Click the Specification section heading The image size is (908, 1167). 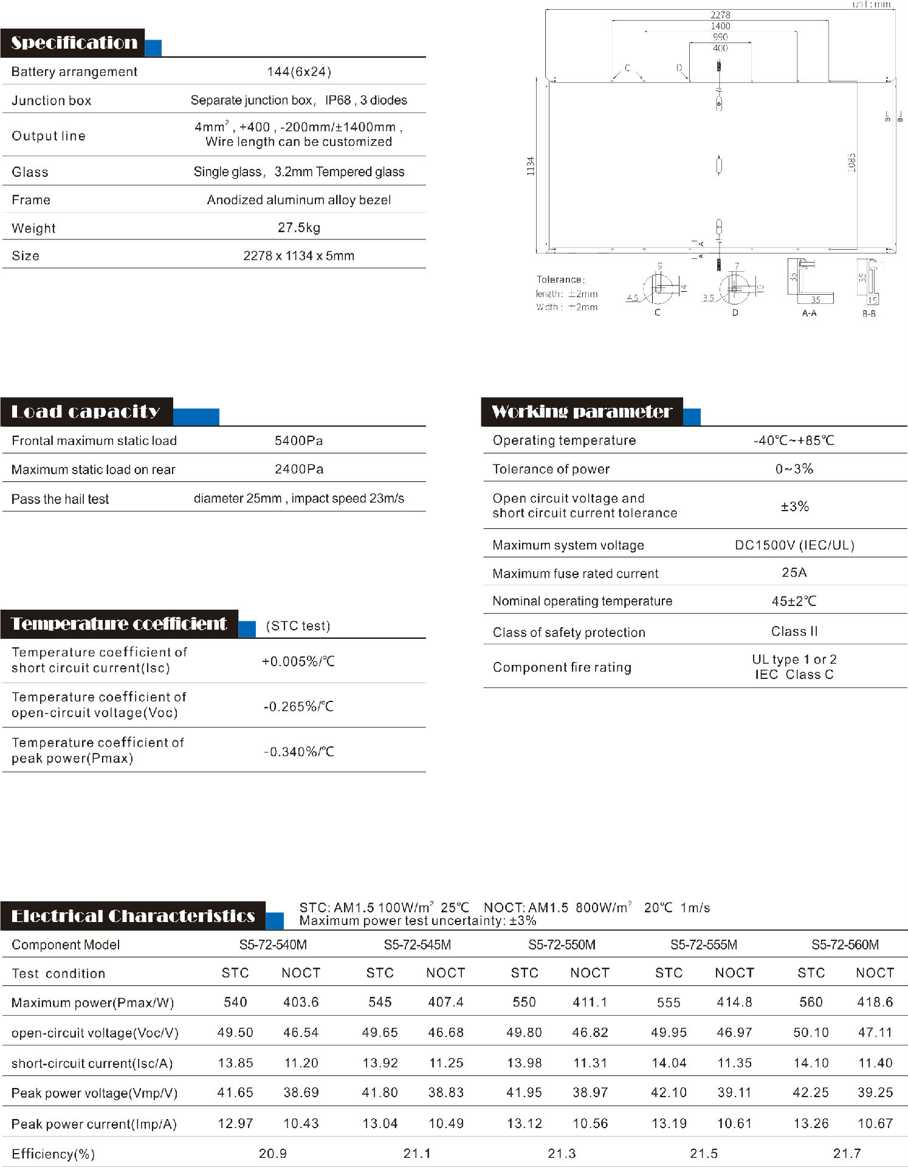[x=74, y=43]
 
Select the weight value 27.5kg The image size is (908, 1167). [x=298, y=227]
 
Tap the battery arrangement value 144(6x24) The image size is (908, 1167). [x=298, y=72]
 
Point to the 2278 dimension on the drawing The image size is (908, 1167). [x=720, y=15]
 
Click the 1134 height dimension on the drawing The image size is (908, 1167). [x=531, y=166]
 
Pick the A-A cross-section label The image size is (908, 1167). [x=809, y=313]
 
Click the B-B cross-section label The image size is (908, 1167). [x=868, y=314]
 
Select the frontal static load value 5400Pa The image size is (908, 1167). [x=298, y=441]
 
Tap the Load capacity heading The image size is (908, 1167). [x=86, y=411]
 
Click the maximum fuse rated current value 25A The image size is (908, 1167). [x=794, y=573]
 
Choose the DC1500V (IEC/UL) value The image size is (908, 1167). [x=794, y=545]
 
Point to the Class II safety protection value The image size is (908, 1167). [x=794, y=632]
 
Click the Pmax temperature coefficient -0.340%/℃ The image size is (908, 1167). [x=298, y=752]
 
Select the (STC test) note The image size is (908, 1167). [x=298, y=626]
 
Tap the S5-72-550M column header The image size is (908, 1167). [x=562, y=945]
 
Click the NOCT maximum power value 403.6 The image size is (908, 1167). [x=301, y=1002]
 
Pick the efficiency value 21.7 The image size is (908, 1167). [x=846, y=1153]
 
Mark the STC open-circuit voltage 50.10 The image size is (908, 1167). [x=811, y=1032]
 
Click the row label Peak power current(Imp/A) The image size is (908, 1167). [x=94, y=1124]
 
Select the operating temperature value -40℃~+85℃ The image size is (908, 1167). [x=794, y=441]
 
